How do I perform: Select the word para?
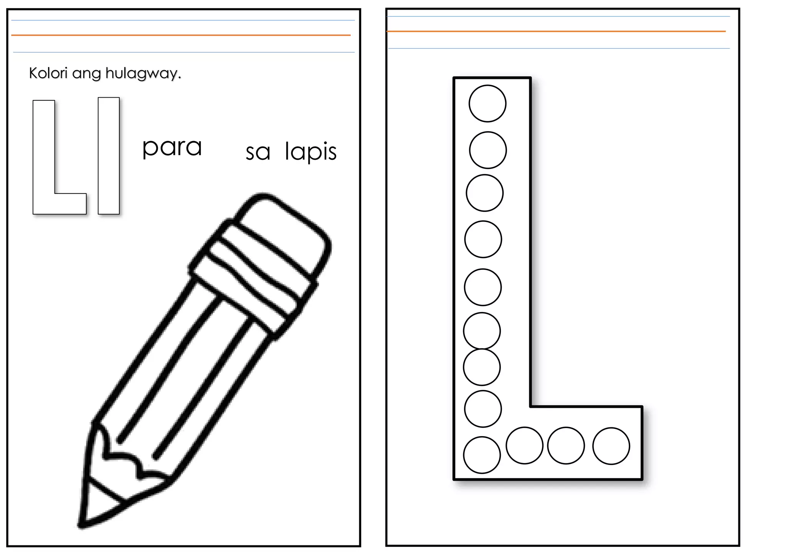point(172,148)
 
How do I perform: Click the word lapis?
point(310,152)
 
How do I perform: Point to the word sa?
point(258,153)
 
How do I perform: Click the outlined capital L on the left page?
point(44,161)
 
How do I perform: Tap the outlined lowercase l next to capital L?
point(109,156)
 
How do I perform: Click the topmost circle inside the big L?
point(487,103)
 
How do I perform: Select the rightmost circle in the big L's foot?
point(611,446)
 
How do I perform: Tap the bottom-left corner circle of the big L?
point(482,455)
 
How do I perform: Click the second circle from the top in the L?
point(488,150)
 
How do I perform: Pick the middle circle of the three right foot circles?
point(566,446)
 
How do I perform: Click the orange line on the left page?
point(180,35)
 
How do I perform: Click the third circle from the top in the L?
point(485,193)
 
